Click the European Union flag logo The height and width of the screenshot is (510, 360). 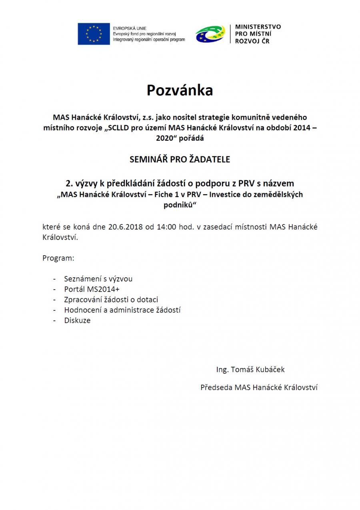tap(94, 34)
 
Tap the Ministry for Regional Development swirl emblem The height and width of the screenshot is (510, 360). tap(210, 34)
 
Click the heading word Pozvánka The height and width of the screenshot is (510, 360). tap(180, 90)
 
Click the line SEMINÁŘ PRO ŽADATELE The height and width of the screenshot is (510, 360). tap(180, 159)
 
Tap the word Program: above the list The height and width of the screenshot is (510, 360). tap(58, 258)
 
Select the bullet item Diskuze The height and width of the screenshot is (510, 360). tap(77, 320)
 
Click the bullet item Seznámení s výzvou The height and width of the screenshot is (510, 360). tap(98, 279)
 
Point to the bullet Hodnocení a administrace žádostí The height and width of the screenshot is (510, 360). tap(122, 310)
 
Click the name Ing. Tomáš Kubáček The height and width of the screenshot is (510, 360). tap(250, 370)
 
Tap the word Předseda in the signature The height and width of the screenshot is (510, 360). tap(216, 387)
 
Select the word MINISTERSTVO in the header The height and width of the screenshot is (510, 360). tap(258, 27)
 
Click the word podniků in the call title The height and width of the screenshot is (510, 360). tap(180, 205)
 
